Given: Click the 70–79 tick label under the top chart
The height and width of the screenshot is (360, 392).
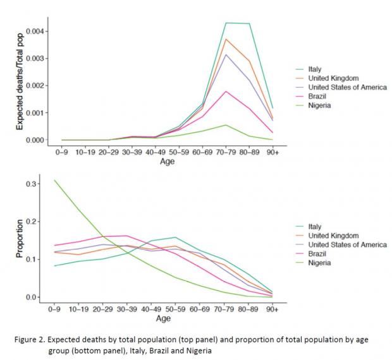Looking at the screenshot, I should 226,152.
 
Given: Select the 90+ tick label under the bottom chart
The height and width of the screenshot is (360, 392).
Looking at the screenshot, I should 271,309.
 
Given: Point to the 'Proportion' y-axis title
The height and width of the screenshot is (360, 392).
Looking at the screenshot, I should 19,240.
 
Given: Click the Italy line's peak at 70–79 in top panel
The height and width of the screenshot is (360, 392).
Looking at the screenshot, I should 226,23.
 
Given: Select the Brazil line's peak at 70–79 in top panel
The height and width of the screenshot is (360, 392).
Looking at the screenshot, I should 226,91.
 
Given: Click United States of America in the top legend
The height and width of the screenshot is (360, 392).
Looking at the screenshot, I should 346,87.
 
